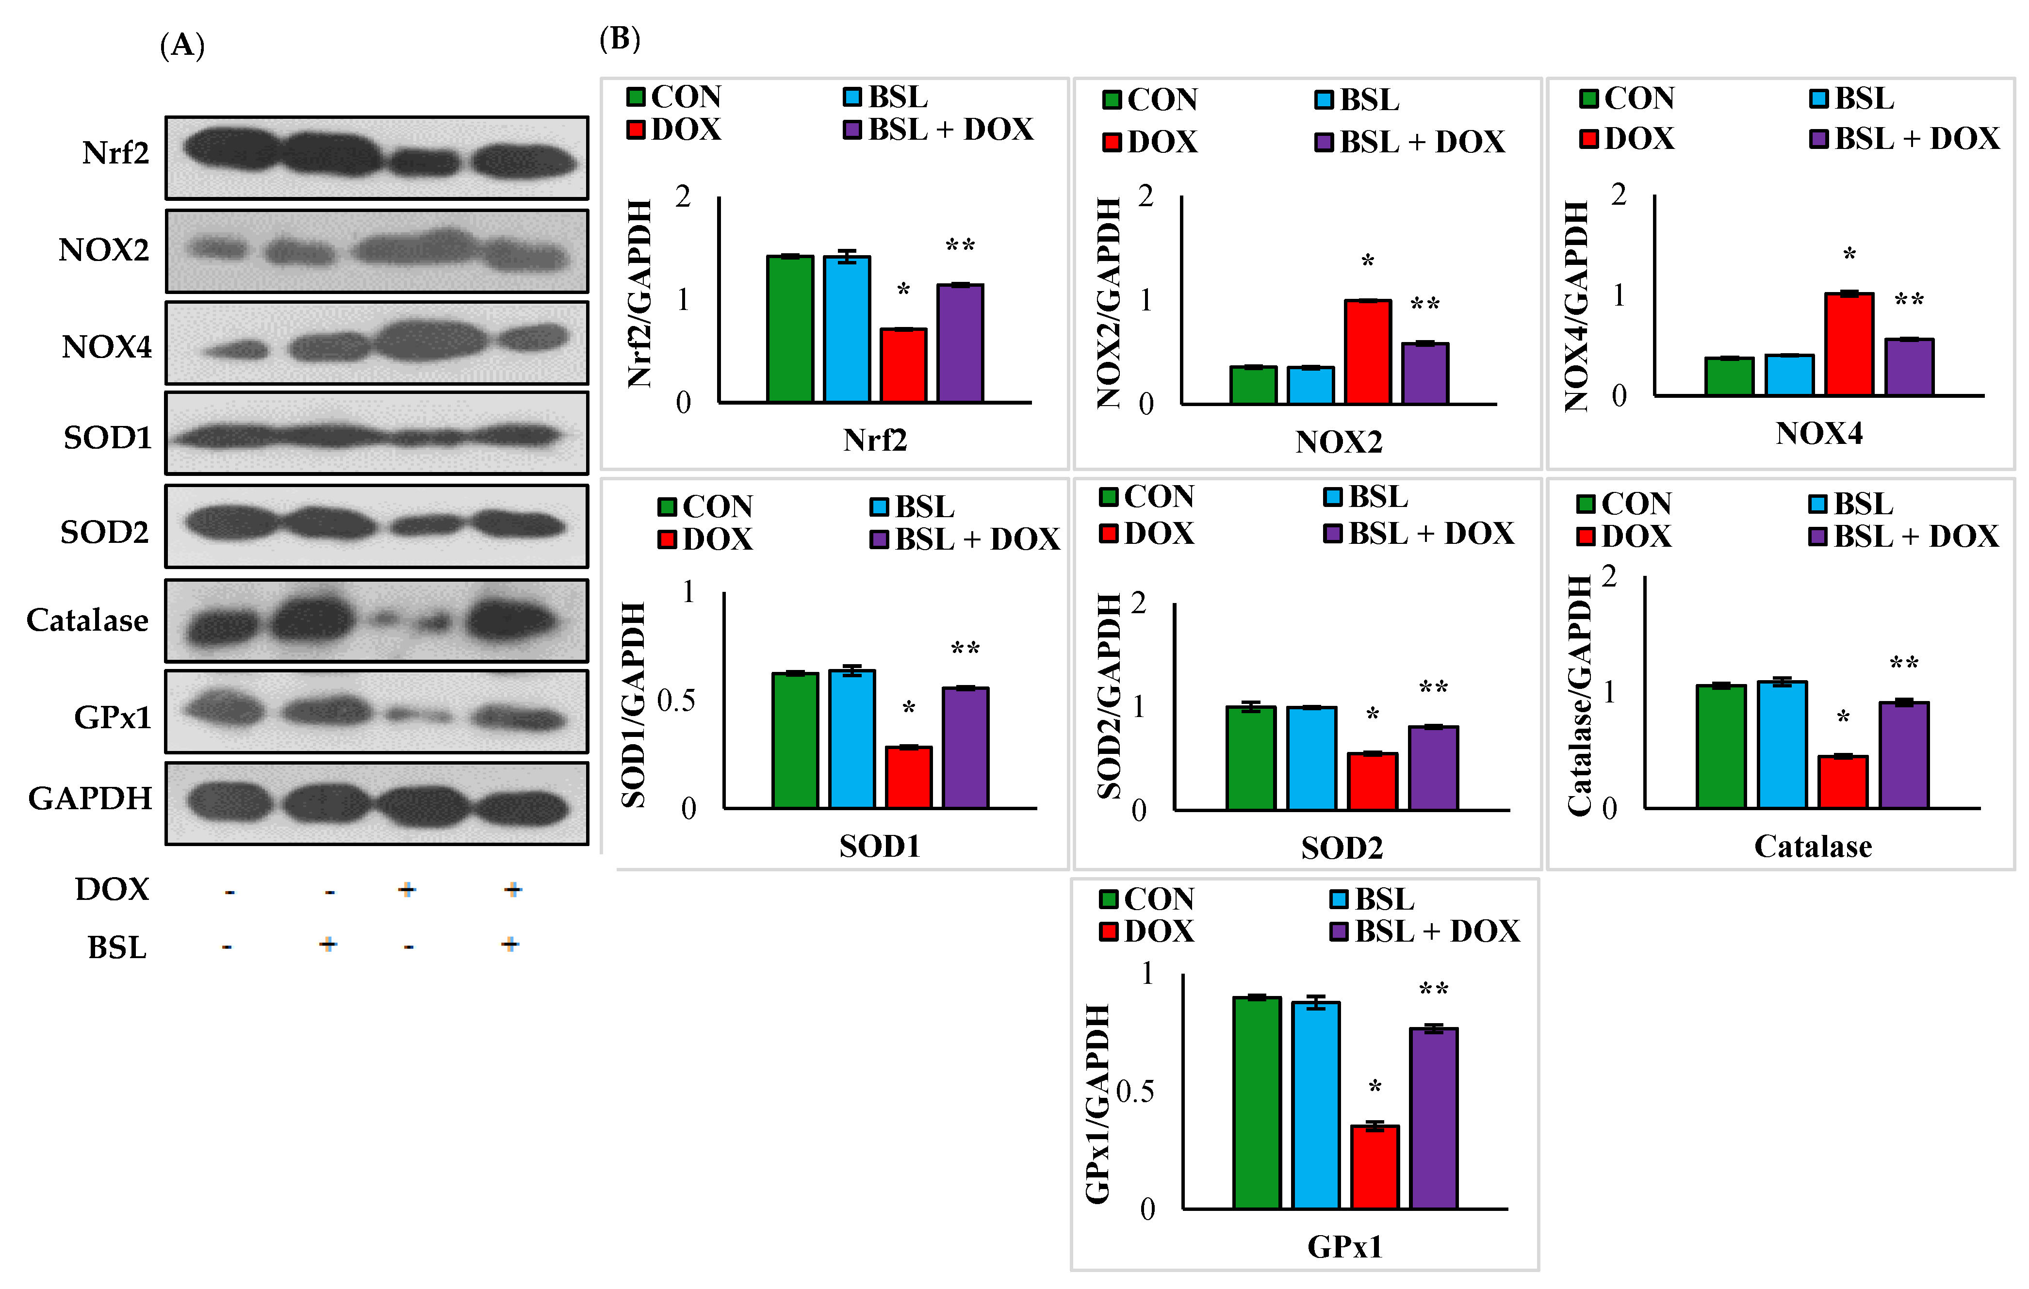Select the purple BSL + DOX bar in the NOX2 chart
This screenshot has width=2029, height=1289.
(1425, 373)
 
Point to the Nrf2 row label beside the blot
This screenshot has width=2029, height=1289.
(115, 153)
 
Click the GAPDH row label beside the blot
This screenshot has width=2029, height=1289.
(90, 799)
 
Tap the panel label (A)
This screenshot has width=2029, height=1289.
(182, 45)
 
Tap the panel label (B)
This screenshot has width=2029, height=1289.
(619, 39)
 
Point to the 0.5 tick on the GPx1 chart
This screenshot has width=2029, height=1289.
(1135, 1092)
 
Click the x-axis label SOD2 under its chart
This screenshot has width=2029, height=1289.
(1342, 848)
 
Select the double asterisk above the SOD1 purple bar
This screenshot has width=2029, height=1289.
(965, 649)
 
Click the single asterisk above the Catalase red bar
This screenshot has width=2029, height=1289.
(1843, 717)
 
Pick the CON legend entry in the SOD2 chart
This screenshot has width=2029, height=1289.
(1147, 497)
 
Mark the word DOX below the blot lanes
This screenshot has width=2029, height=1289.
(112, 890)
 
